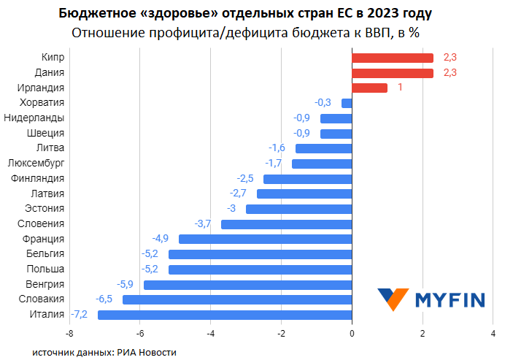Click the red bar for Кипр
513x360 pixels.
393,58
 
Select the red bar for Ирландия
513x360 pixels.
369,88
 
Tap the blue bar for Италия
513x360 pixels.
225,315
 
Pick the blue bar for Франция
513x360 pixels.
265,239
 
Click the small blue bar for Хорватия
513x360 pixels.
347,103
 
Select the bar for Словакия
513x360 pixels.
237,299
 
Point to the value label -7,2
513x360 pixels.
80,315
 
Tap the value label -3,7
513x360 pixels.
202,223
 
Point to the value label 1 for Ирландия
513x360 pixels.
401,88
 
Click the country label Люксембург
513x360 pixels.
36,163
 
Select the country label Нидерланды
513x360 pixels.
34,118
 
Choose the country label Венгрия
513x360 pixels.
45,284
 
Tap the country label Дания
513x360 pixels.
50,72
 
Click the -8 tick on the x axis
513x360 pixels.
69,334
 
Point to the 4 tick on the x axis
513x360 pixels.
493,334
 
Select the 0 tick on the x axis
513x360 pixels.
352,334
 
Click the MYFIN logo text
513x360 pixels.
450,299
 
